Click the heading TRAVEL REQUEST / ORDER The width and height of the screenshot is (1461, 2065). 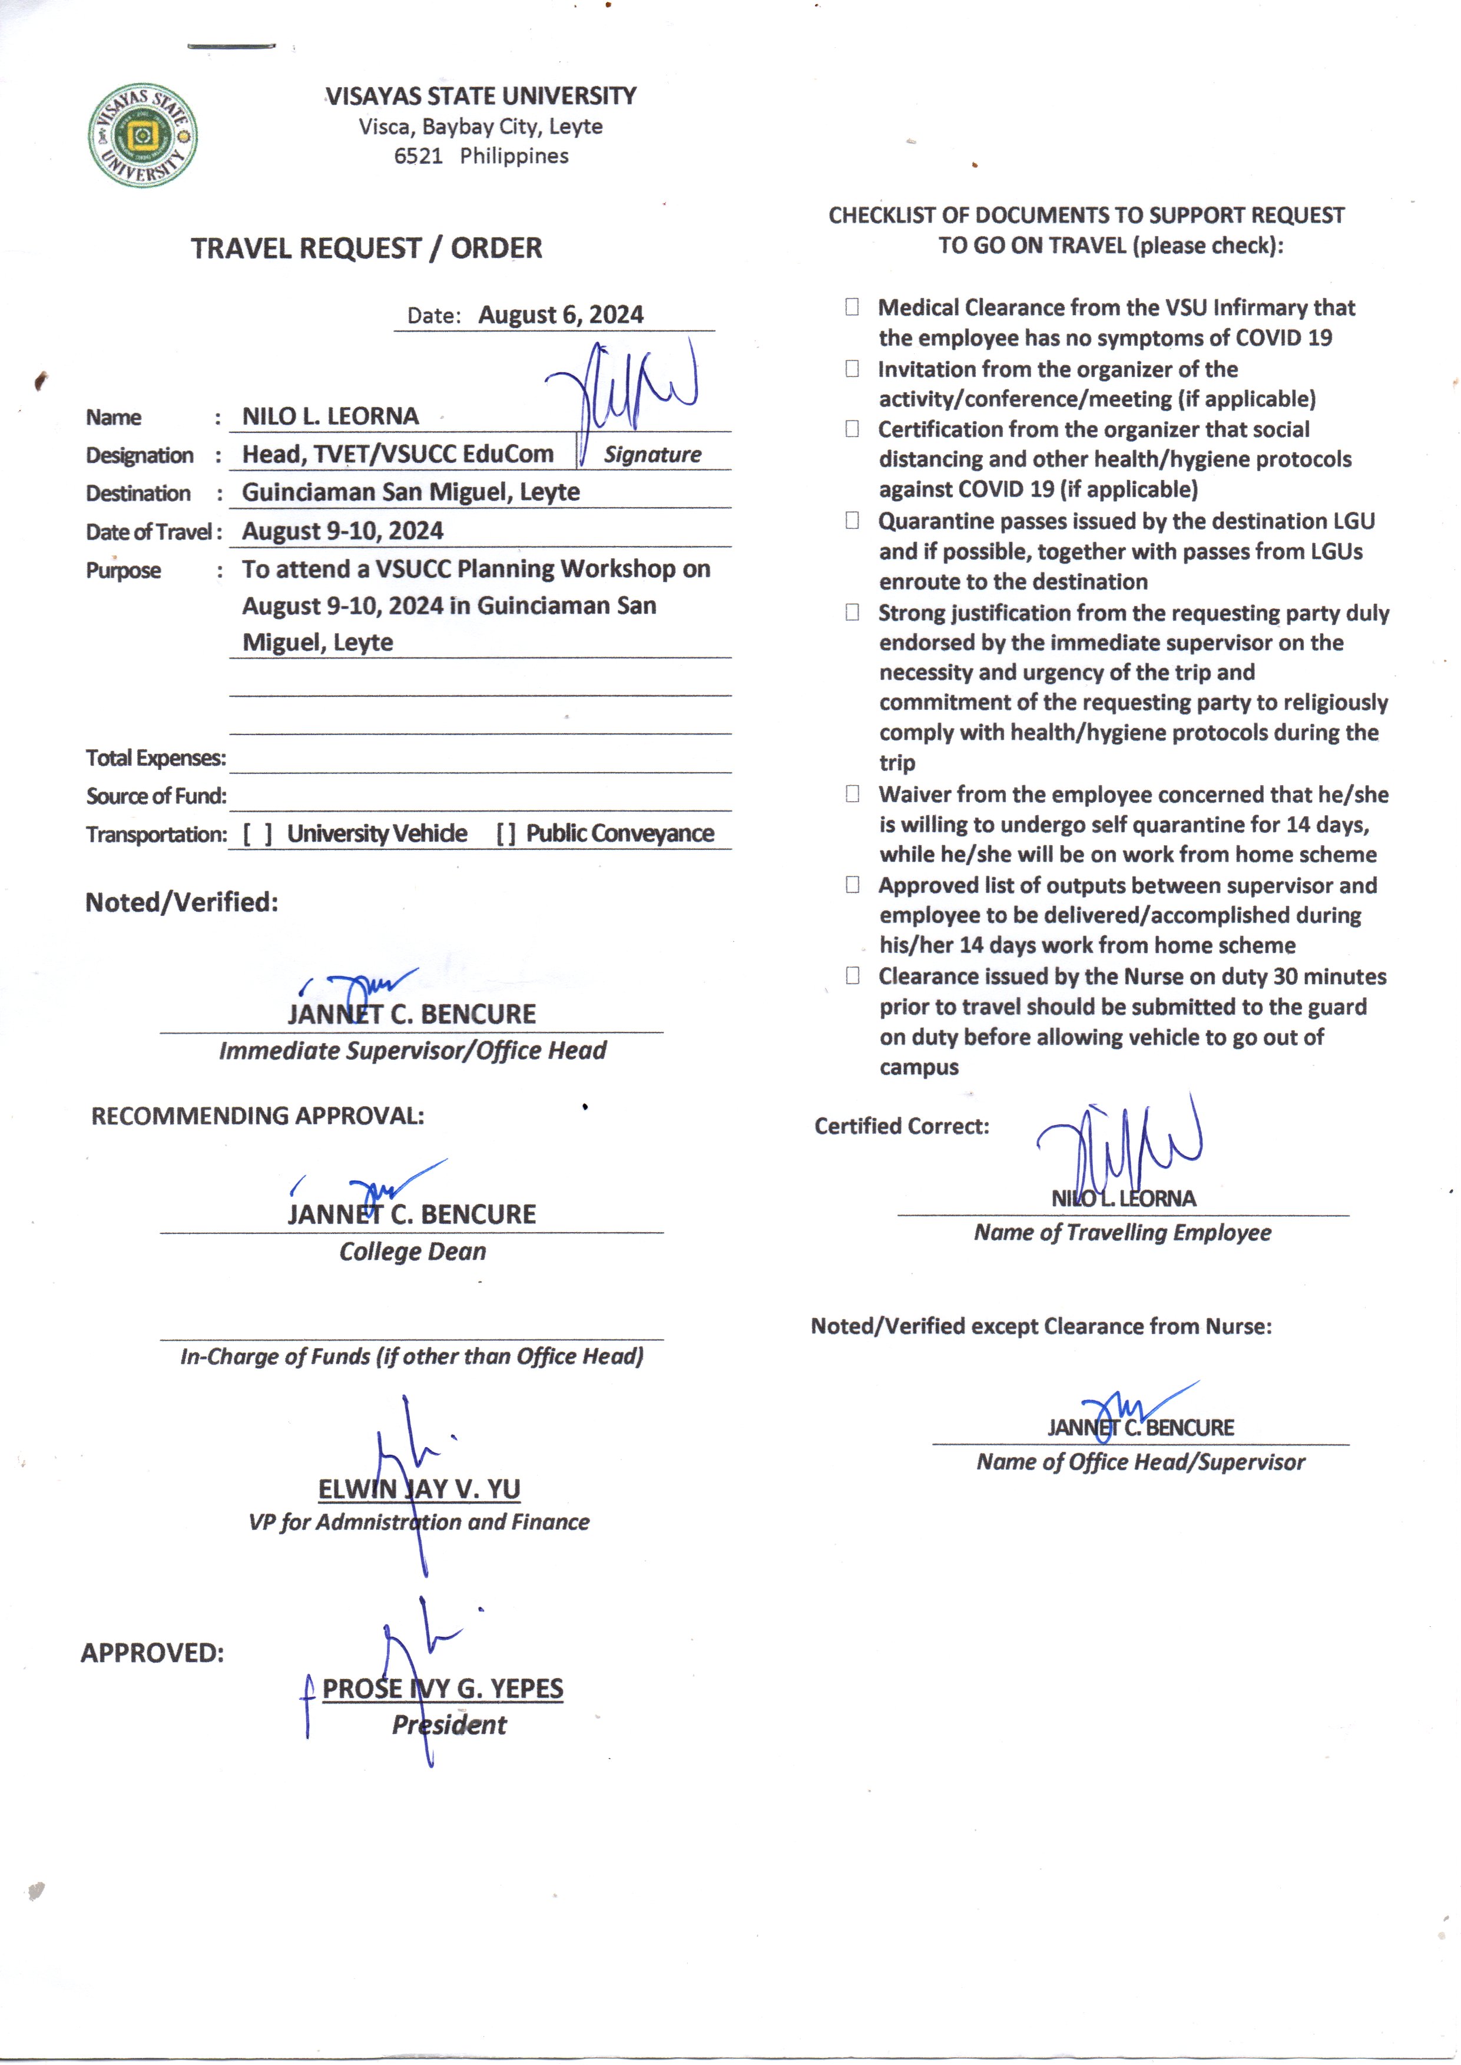point(366,249)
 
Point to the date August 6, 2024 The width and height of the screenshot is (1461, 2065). point(561,315)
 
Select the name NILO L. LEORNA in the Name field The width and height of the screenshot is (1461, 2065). point(330,416)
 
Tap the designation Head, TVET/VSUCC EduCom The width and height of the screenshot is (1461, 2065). point(397,454)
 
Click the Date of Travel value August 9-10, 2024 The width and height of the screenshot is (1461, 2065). point(343,531)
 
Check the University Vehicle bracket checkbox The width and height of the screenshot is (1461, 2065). point(257,834)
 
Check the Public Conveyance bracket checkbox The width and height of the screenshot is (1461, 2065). point(506,834)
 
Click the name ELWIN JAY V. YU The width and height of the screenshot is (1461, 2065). point(419,1489)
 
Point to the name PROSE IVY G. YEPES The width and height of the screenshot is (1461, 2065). point(443,1689)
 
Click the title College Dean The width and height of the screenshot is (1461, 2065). point(412,1252)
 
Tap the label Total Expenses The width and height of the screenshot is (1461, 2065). point(155,759)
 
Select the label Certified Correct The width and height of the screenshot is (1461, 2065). point(902,1127)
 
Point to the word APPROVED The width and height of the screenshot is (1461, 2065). point(152,1653)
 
